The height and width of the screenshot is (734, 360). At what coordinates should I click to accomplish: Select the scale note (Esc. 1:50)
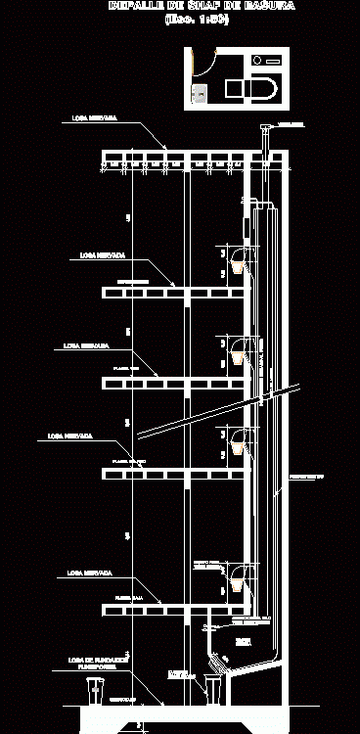(197, 20)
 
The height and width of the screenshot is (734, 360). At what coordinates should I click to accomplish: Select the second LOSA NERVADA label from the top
(102, 254)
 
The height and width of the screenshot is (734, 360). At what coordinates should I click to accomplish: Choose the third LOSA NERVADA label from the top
(86, 344)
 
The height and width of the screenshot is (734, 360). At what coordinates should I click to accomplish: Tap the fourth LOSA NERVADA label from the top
(69, 436)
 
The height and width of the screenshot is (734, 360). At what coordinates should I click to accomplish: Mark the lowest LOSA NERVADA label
(88, 572)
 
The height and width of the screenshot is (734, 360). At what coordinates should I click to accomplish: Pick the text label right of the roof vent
(292, 124)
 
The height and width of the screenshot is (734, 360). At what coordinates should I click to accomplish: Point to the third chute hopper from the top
(237, 447)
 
